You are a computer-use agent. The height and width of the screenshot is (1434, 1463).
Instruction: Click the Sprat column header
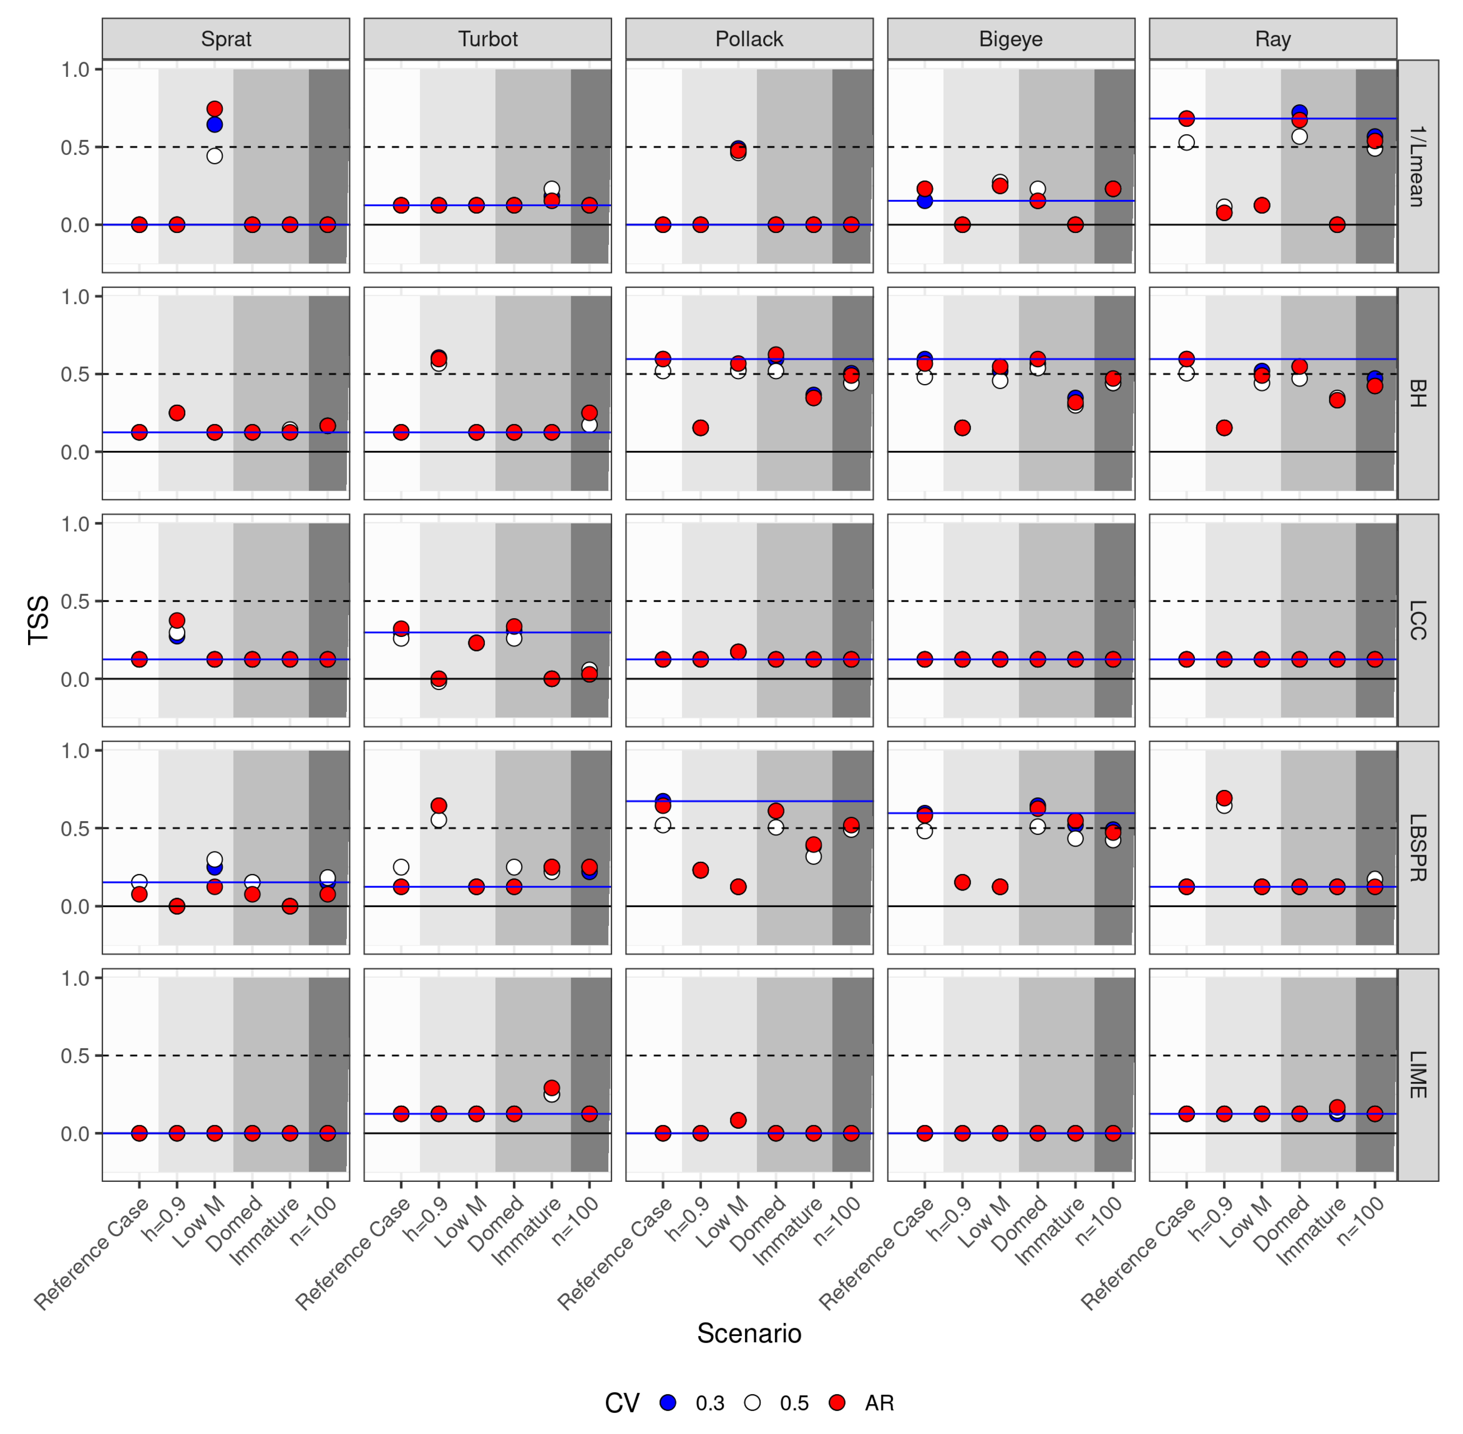[226, 39]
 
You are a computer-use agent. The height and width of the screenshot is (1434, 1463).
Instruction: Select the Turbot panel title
[488, 39]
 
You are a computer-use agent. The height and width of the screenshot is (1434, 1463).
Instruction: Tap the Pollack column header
[749, 39]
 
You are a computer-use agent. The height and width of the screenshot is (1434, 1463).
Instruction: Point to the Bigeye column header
[1010, 39]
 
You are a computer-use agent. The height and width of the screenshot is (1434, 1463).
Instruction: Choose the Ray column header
[1273, 39]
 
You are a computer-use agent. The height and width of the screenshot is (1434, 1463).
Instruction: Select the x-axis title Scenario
[749, 1333]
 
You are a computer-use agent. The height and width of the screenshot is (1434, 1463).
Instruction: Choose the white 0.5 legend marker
[752, 1402]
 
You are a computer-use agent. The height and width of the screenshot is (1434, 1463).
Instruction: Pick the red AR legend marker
[836, 1402]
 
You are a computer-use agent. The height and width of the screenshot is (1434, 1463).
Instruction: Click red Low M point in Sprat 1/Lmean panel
[215, 109]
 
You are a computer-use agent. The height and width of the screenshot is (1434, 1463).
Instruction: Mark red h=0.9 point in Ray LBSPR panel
[1224, 798]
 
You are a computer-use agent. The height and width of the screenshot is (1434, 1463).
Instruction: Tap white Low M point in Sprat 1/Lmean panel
[215, 156]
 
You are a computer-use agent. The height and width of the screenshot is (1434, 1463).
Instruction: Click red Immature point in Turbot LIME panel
[552, 1087]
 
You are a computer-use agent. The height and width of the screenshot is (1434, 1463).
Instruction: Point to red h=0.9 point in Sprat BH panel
[177, 413]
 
